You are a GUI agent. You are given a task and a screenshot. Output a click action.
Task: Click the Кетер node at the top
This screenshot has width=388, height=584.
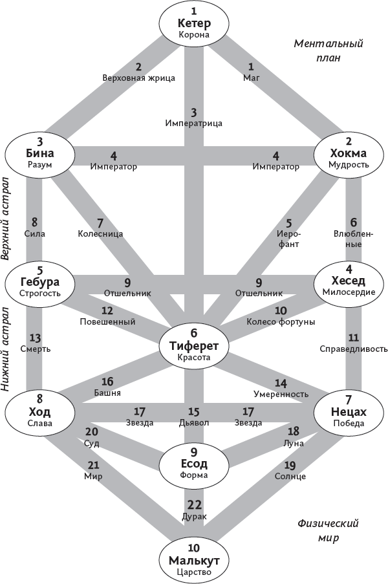click(x=194, y=23)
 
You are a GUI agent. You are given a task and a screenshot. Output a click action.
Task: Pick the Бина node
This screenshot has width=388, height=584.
click(x=40, y=154)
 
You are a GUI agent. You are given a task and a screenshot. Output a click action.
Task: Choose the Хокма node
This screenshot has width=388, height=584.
click(x=349, y=154)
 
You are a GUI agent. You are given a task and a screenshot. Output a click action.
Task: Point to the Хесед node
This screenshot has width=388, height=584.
click(x=349, y=281)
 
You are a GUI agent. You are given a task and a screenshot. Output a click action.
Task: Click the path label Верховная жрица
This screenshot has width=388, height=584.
click(x=138, y=78)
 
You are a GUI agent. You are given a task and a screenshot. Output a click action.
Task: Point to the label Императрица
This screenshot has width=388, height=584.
click(x=194, y=122)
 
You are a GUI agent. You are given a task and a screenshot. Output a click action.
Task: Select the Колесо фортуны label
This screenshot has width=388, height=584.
click(x=281, y=321)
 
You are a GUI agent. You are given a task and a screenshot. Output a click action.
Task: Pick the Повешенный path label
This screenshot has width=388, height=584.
click(x=107, y=321)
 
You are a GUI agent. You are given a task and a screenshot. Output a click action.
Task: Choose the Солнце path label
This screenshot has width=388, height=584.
click(x=290, y=476)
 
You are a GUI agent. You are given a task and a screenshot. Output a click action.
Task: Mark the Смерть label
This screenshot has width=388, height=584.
click(x=35, y=349)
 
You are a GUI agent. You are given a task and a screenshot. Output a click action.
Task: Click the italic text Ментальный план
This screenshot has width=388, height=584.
click(x=328, y=50)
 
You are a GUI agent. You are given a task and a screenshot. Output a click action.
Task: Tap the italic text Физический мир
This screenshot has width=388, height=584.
click(x=328, y=530)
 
